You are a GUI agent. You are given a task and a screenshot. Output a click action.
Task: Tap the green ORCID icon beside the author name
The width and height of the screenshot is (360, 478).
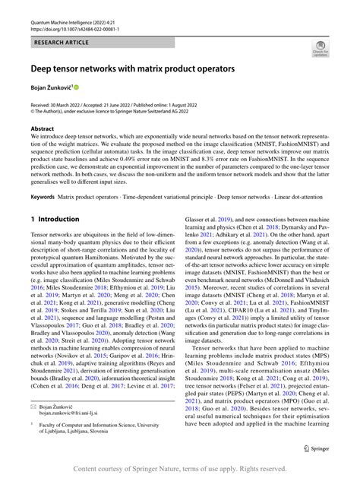(x=77, y=89)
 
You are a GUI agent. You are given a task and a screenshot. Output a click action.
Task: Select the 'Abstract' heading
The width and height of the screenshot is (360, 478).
(x=42, y=129)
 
